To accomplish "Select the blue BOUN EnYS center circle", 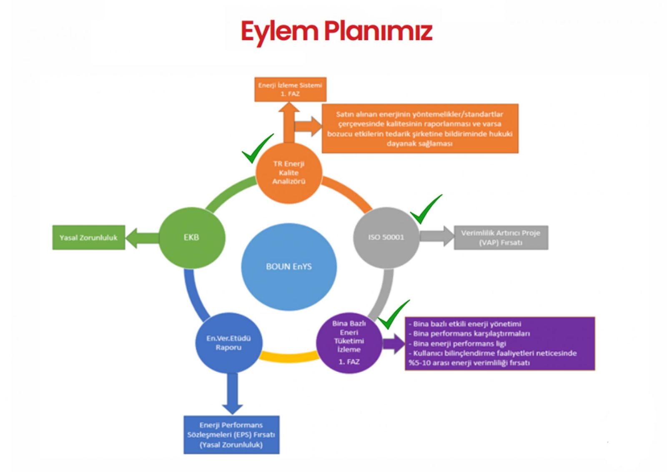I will pyautogui.click(x=288, y=266).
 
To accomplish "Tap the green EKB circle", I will pyautogui.click(x=192, y=237).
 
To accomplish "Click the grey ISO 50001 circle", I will pyautogui.click(x=386, y=237).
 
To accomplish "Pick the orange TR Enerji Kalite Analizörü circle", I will pyautogui.click(x=289, y=172).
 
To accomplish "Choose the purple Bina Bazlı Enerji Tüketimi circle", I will pyautogui.click(x=349, y=342).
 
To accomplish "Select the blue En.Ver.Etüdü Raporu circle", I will pyautogui.click(x=228, y=343).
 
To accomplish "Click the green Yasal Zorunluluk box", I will pyautogui.click(x=88, y=238).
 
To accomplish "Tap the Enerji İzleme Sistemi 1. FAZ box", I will pyautogui.click(x=290, y=89).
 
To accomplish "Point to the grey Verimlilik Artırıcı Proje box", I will pyautogui.click(x=501, y=238).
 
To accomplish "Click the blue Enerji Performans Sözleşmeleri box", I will pyautogui.click(x=231, y=435).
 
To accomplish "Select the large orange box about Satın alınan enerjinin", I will pyautogui.click(x=420, y=129).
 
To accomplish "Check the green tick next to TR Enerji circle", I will pyautogui.click(x=257, y=149).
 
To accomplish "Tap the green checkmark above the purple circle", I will pyautogui.click(x=392, y=315).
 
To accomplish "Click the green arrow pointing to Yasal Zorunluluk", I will pyautogui.click(x=141, y=238).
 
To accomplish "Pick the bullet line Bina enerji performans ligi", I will pyautogui.click(x=459, y=343).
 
